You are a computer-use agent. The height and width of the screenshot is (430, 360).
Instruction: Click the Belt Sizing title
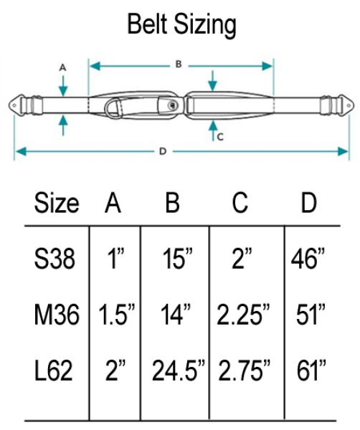click(181, 25)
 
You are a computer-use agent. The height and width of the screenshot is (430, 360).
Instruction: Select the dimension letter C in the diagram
click(220, 136)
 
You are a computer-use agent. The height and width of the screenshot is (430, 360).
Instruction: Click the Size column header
click(56, 204)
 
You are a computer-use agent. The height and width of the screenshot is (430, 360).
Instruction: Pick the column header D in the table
click(308, 204)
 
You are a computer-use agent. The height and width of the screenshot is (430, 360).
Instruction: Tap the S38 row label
click(55, 259)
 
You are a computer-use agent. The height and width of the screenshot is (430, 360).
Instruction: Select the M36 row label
click(55, 314)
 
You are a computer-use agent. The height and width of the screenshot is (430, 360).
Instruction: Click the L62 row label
click(55, 371)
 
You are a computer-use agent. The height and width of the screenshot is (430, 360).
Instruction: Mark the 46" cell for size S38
click(310, 259)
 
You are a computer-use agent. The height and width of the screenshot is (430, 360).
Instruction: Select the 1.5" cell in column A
click(113, 314)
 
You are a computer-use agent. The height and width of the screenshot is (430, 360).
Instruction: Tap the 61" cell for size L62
click(311, 371)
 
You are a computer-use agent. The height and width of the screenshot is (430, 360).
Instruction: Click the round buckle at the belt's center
click(171, 105)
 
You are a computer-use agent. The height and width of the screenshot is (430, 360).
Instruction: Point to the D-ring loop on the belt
click(113, 108)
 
